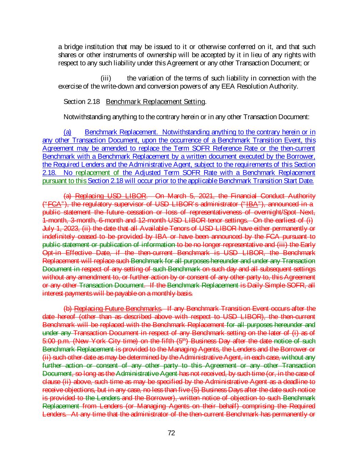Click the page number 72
(171, 433)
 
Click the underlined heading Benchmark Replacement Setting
(156, 102)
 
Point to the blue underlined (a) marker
(68, 132)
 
